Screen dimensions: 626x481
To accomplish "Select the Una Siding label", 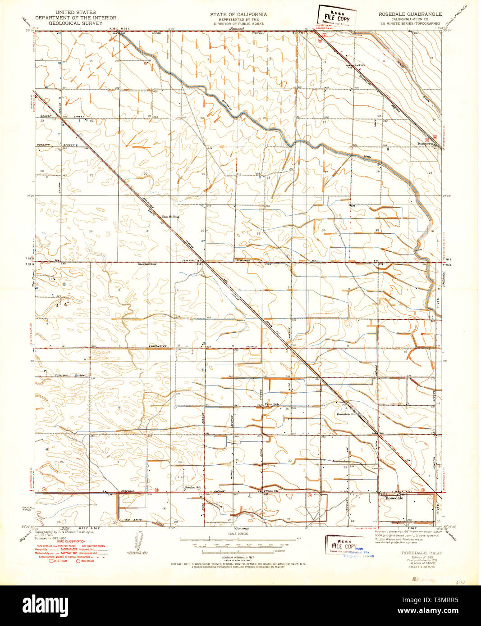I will [x=170, y=217].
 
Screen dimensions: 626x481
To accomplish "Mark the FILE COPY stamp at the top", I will [x=337, y=18].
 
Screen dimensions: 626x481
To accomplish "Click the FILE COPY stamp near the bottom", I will [x=344, y=546].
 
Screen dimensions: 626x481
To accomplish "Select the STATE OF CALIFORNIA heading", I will [x=238, y=14].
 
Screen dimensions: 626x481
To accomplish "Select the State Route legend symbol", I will [x=78, y=561].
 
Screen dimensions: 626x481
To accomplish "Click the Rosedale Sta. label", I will [x=347, y=413].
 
